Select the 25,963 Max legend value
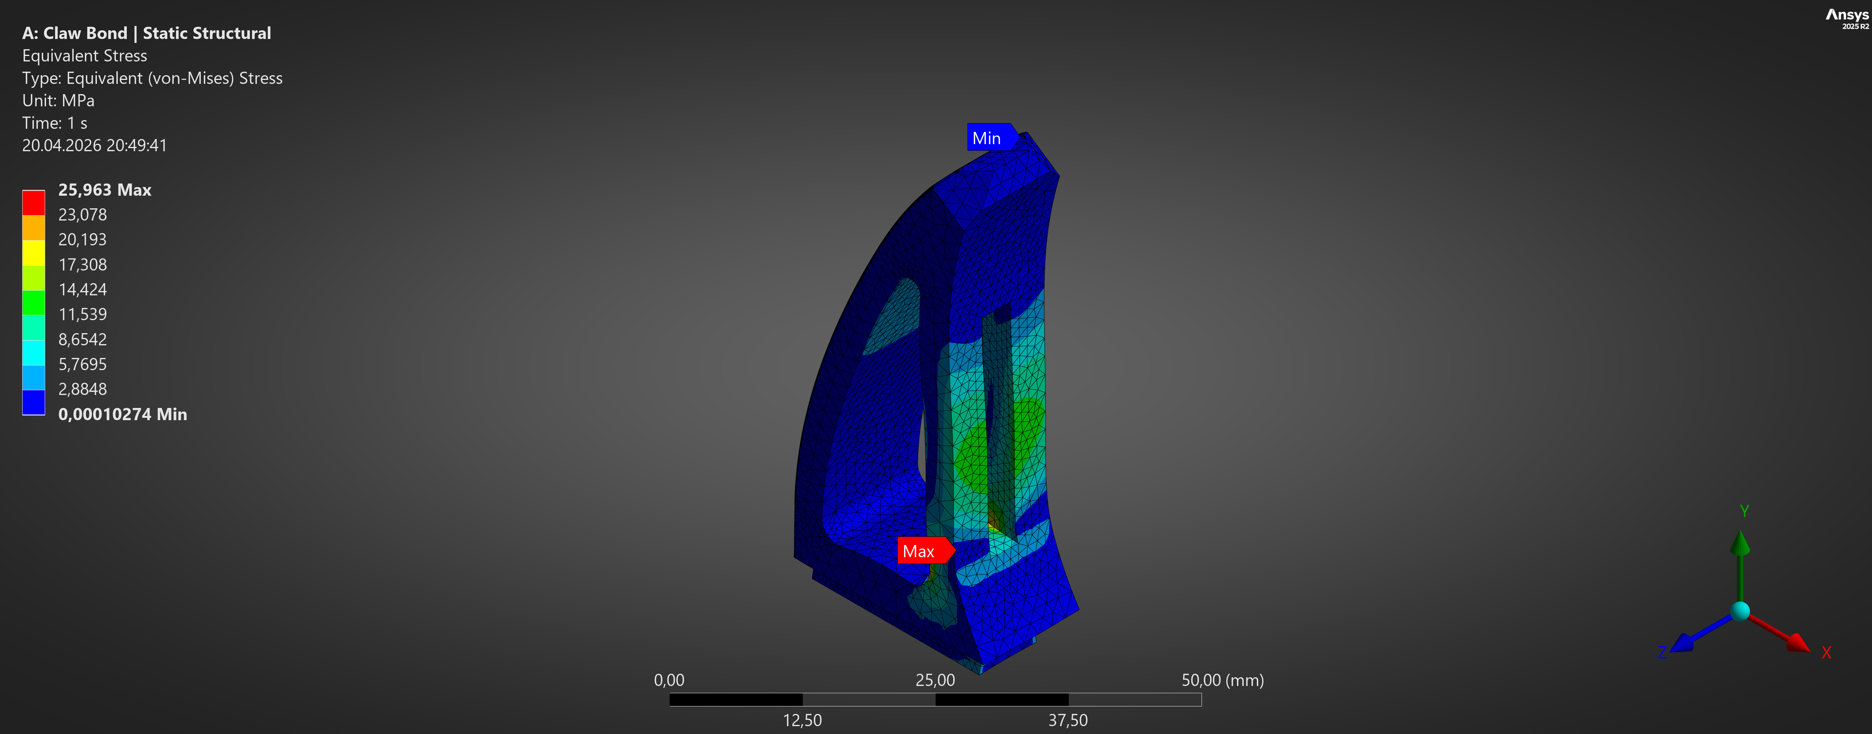105,190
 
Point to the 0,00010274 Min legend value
122,414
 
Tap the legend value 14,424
82,289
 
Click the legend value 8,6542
82,339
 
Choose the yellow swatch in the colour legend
33,252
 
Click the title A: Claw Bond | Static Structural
146,33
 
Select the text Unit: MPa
58,100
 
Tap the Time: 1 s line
54,123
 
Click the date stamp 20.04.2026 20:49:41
95,145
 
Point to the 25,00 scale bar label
935,680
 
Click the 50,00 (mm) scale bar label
1222,680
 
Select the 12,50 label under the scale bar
802,720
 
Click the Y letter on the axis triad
1744,511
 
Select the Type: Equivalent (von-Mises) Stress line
152,78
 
